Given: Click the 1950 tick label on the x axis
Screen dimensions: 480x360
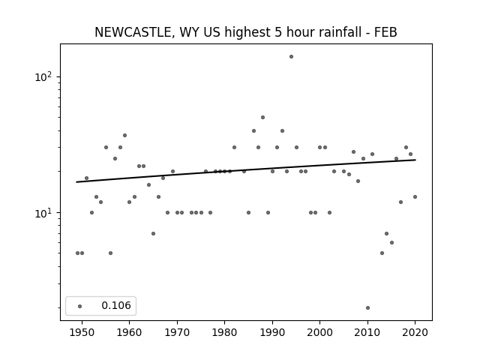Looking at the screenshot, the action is click(82, 332).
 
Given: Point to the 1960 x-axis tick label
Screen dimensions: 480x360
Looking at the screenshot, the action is click(129, 332).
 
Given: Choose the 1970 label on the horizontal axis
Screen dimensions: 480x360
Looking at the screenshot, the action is click(177, 332).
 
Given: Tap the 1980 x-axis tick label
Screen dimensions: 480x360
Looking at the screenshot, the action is click(225, 332).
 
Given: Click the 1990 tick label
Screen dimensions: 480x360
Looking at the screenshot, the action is click(272, 332).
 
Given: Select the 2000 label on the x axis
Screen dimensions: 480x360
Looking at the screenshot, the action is click(320, 332).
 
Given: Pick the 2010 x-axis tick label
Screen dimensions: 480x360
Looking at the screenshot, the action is click(367, 332).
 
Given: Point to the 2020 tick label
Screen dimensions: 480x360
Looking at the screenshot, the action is click(415, 332).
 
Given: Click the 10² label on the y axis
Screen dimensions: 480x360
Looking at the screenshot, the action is click(45, 76).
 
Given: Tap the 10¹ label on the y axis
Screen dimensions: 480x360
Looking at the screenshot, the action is click(45, 213).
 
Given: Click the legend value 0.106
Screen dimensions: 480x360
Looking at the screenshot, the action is click(116, 305).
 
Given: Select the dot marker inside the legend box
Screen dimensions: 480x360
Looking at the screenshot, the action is click(80, 306).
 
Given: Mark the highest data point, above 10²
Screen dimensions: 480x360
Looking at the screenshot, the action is click(291, 57).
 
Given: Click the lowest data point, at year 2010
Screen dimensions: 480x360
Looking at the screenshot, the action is click(367, 307).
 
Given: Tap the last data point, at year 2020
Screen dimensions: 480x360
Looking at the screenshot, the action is click(415, 196).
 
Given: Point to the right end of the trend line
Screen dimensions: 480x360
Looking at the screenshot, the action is click(415, 160).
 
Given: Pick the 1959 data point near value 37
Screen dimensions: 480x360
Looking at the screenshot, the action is click(124, 135).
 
